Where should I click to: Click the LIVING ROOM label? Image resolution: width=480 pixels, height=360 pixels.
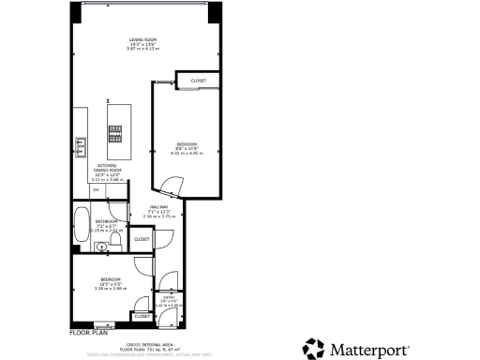pos(143,39)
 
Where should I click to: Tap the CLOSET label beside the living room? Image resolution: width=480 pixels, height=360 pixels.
pos(198,81)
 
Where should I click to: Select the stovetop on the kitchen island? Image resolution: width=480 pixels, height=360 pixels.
pos(116,140)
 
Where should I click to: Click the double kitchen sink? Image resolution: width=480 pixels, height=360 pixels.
pos(80,148)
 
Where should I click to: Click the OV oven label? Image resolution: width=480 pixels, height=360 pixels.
pos(95,189)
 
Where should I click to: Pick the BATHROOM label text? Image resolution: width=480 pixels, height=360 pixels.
pos(106,221)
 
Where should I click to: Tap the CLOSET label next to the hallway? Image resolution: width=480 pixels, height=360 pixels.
pos(142,239)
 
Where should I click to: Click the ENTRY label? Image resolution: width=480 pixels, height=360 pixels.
pos(170,297)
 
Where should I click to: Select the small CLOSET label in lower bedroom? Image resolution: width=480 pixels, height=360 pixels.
pos(142,316)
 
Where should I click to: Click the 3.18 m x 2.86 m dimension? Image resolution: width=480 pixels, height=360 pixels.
pos(111,288)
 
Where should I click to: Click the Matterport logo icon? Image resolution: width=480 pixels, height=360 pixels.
pos(312,349)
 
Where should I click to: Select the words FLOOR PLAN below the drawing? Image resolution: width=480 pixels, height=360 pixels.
pos(90,332)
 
